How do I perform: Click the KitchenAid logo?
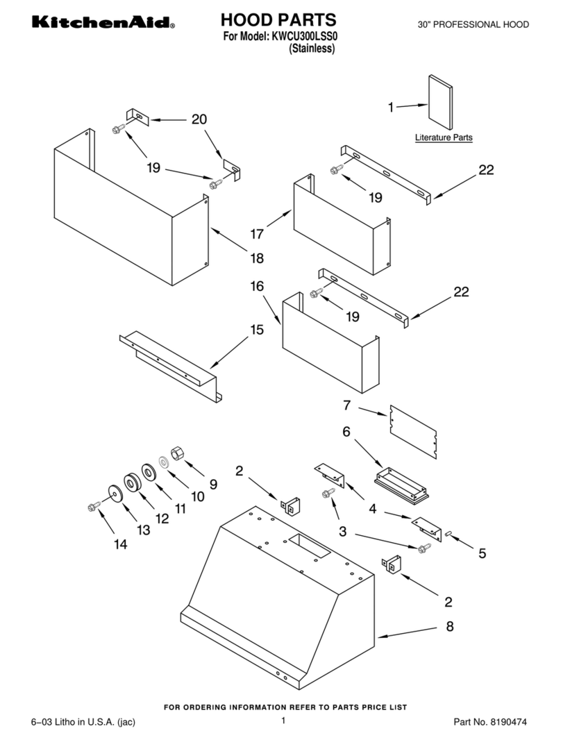[103, 22]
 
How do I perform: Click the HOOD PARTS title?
[278, 20]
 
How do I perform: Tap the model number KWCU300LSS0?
[305, 36]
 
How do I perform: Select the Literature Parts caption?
[444, 137]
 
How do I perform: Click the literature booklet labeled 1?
[440, 102]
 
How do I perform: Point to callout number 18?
[257, 258]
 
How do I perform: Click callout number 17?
[257, 234]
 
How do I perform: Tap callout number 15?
[257, 330]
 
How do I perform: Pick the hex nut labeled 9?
[178, 453]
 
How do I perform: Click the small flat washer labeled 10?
[165, 462]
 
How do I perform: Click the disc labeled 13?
[115, 493]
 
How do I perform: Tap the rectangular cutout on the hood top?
[308, 546]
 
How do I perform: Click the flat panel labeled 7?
[413, 431]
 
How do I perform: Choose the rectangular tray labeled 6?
[401, 484]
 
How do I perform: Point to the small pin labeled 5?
[449, 533]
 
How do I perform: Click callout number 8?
[450, 626]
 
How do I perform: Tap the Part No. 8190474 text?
[490, 721]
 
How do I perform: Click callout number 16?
[257, 287]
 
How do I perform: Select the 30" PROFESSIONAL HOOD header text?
[474, 24]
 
